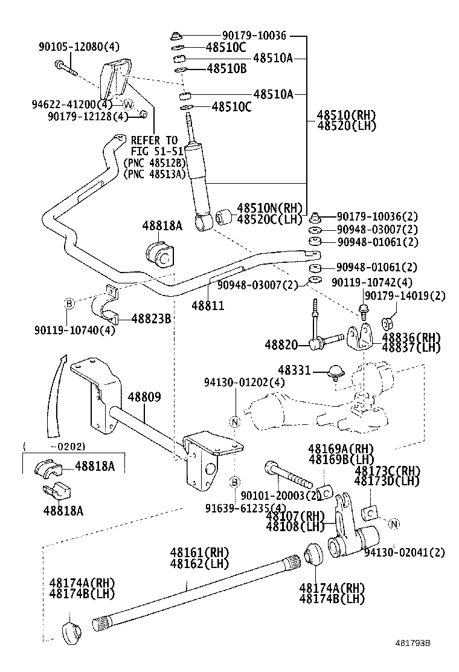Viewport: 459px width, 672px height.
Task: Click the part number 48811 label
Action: tap(208, 306)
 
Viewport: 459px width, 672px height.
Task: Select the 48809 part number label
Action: tap(144, 397)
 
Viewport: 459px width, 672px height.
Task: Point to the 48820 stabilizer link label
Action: tap(281, 344)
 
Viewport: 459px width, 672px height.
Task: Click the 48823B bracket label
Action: tap(151, 318)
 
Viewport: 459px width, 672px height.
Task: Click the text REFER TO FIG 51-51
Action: tap(156, 146)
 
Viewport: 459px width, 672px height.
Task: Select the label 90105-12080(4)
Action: tap(79, 47)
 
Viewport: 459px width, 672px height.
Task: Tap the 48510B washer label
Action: tap(226, 68)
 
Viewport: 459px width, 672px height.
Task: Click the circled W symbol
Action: tap(129, 104)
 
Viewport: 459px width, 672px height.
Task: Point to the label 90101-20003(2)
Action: tap(280, 496)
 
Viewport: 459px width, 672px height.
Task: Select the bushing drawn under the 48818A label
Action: tap(159, 254)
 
